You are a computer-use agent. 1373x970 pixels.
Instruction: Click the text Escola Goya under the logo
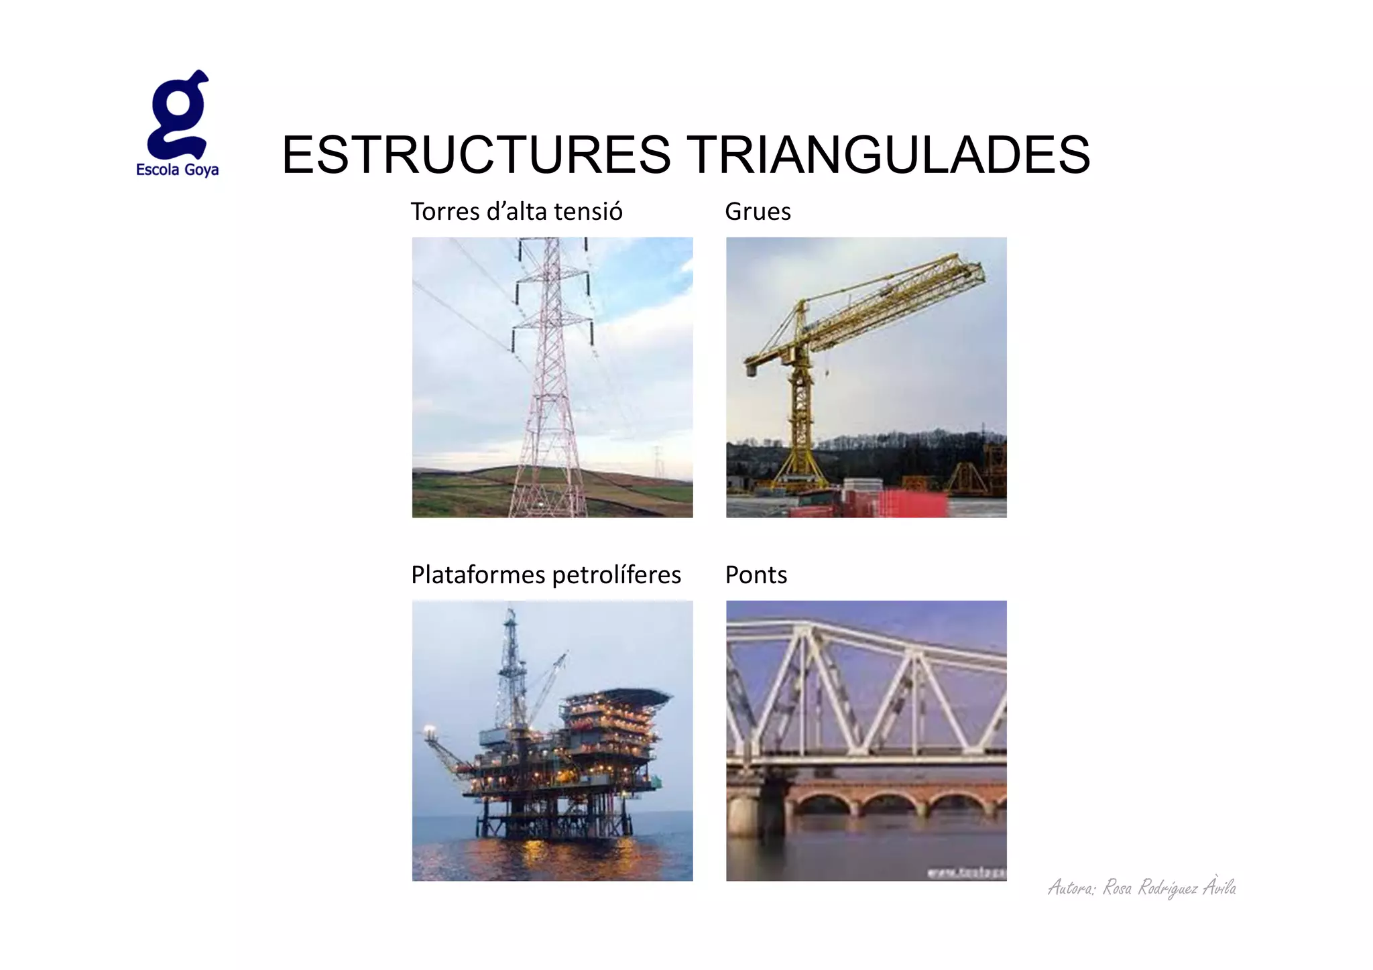pyautogui.click(x=177, y=170)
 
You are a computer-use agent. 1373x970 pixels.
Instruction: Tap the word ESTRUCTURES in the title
pyautogui.click(x=475, y=155)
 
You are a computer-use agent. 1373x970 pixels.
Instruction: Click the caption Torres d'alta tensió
pyautogui.click(x=516, y=212)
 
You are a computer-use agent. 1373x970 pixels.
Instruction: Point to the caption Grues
pyautogui.click(x=758, y=212)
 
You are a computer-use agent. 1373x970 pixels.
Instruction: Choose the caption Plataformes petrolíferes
pyautogui.click(x=546, y=575)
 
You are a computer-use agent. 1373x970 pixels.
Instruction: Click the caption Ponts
pyautogui.click(x=756, y=575)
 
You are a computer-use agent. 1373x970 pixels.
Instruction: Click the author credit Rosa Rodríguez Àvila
pyautogui.click(x=1142, y=888)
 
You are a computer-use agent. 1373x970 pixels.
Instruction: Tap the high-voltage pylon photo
pyautogui.click(x=552, y=377)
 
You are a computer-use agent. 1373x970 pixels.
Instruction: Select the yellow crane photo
pyautogui.click(x=865, y=377)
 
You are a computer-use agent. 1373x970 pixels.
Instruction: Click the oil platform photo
pyautogui.click(x=552, y=740)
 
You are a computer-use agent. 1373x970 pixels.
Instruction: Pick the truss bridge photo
pyautogui.click(x=865, y=740)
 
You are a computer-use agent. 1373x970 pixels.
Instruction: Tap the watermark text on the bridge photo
pyautogui.click(x=966, y=872)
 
